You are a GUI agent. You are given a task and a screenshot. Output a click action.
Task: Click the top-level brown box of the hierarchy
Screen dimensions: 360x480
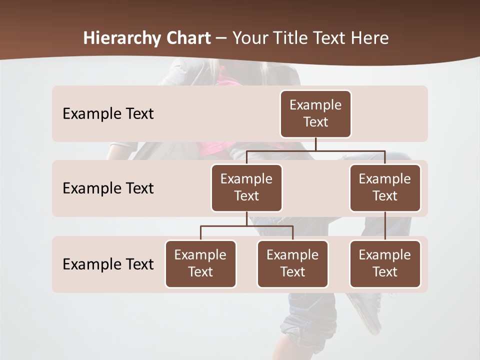[315, 113]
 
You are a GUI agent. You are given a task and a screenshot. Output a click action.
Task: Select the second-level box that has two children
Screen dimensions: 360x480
[246, 187]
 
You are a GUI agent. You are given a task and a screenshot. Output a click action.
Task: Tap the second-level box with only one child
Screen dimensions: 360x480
[385, 187]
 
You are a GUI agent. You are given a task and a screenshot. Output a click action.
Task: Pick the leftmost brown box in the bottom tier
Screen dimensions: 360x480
[200, 263]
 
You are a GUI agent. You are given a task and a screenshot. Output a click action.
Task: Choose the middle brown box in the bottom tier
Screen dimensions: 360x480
[292, 263]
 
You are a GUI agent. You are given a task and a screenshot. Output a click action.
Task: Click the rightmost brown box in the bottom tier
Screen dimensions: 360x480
[385, 263]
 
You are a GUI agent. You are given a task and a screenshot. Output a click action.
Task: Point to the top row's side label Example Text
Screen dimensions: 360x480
[108, 113]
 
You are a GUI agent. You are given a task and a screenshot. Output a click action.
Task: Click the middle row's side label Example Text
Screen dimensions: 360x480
[108, 188]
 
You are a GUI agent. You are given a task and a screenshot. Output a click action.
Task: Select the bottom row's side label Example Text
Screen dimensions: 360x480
[108, 264]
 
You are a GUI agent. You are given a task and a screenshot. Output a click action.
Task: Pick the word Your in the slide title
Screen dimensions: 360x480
[249, 38]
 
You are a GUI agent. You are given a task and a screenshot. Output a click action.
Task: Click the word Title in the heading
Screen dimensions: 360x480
[289, 38]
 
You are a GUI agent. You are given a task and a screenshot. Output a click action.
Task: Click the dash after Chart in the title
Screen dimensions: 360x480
[221, 38]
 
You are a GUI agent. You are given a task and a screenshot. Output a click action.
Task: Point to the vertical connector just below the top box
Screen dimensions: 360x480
[315, 144]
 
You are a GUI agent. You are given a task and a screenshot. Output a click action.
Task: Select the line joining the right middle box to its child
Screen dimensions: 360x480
[385, 226]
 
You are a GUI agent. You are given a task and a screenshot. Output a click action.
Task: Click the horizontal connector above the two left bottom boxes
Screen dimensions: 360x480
[246, 226]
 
